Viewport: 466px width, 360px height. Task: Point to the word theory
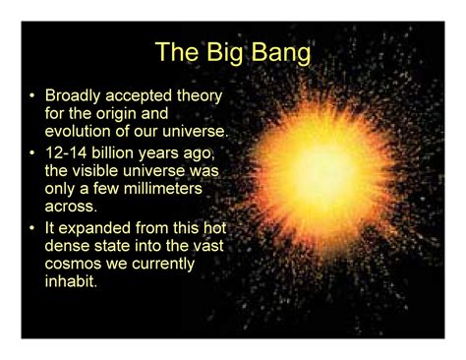click(x=201, y=96)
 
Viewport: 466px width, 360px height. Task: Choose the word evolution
click(x=85, y=132)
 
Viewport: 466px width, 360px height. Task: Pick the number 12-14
click(x=67, y=153)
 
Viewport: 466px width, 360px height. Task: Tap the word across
click(x=71, y=207)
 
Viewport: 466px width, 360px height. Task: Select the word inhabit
click(x=70, y=281)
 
